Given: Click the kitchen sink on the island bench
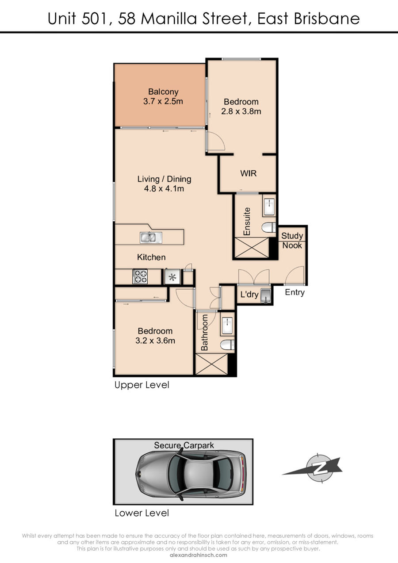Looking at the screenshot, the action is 151,237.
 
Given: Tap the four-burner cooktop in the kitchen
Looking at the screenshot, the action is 140,276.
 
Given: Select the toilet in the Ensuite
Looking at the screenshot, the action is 269,228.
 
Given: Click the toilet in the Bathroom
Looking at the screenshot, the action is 227,345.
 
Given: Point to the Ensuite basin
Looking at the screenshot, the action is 269,207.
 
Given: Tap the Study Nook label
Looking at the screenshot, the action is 292,241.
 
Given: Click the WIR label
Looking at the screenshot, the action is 248,173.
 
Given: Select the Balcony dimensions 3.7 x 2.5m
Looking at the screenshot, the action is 163,101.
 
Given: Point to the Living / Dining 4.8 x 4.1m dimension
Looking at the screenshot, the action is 164,188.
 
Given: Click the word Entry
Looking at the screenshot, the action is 295,292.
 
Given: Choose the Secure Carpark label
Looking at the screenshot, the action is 184,445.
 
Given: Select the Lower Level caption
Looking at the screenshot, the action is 142,513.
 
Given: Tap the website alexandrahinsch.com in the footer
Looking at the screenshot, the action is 199,555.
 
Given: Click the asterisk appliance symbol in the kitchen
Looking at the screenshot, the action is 172,277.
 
